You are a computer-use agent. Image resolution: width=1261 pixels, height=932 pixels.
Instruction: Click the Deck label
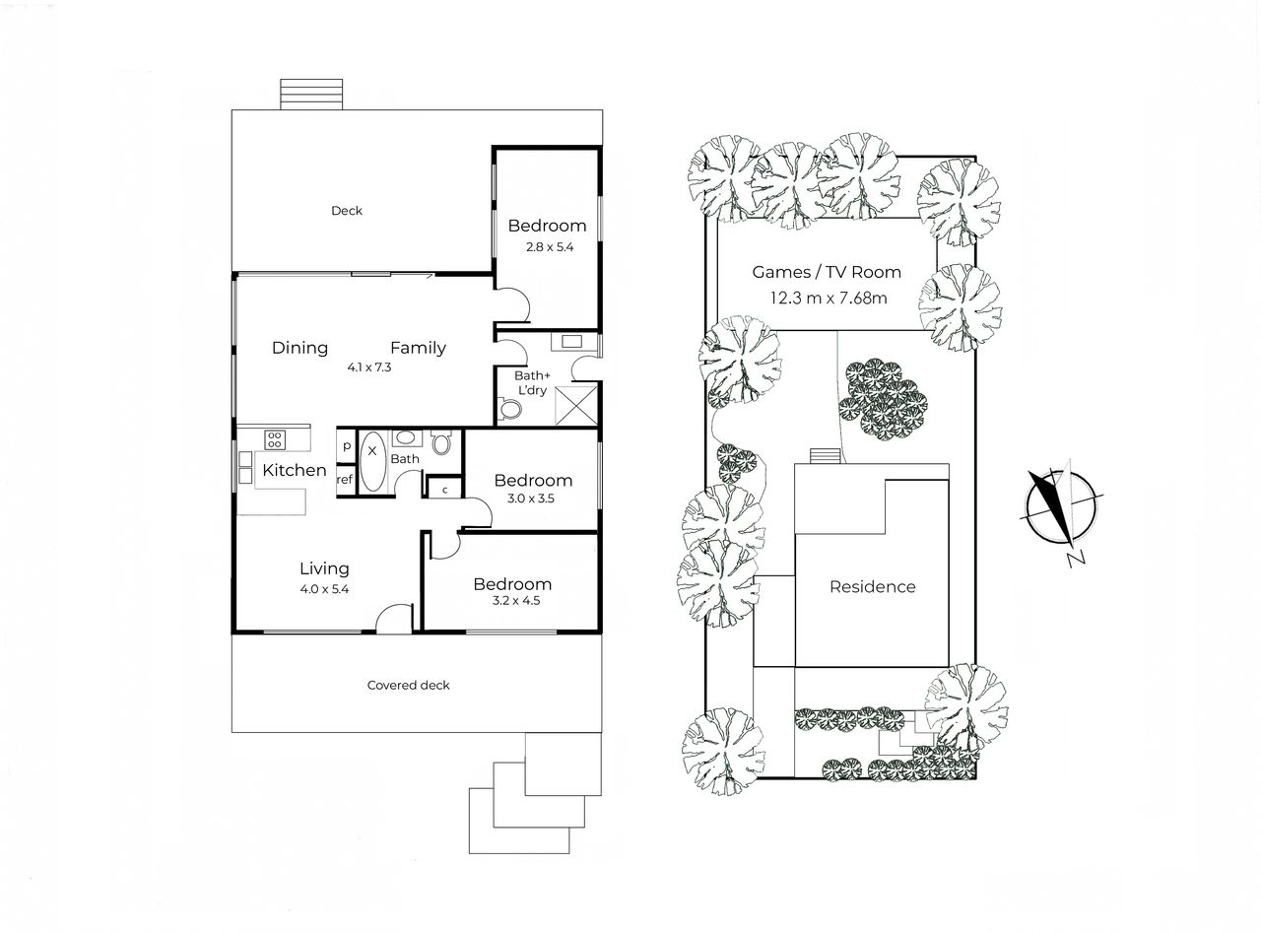(x=346, y=211)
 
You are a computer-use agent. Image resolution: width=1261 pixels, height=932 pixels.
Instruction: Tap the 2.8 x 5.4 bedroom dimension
(x=549, y=246)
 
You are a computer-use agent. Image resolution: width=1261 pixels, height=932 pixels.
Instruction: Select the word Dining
(x=299, y=348)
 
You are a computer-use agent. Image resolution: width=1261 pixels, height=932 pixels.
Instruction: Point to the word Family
(x=418, y=348)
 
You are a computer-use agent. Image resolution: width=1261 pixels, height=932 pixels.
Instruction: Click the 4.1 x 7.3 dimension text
(x=369, y=367)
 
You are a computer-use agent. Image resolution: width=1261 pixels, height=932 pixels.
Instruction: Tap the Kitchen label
(x=294, y=470)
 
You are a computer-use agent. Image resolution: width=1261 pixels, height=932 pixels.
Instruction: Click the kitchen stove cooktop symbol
(x=275, y=439)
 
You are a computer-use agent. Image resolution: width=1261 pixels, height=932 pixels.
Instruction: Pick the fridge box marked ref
(x=345, y=481)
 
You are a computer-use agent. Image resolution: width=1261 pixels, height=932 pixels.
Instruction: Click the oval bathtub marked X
(x=373, y=461)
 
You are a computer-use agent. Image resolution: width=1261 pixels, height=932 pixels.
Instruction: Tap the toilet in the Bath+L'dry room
(x=509, y=408)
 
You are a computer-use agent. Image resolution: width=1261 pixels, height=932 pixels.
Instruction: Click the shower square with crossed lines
(x=576, y=406)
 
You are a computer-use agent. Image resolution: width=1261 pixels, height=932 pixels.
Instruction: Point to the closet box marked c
(x=444, y=489)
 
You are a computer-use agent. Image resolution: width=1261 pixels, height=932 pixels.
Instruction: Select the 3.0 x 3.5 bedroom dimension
(x=530, y=499)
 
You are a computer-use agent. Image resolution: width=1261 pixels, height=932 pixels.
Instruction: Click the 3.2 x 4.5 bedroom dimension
(x=516, y=601)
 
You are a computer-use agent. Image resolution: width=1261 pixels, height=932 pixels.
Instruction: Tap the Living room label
(x=324, y=568)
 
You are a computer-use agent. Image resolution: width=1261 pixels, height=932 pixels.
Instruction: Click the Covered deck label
(x=408, y=686)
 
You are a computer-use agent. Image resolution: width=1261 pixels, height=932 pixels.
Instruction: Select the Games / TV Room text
(x=827, y=272)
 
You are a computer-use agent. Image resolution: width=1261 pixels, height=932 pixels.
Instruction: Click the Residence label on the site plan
(x=872, y=587)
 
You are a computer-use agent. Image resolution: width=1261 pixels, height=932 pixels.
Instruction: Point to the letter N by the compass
(x=1076, y=559)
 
